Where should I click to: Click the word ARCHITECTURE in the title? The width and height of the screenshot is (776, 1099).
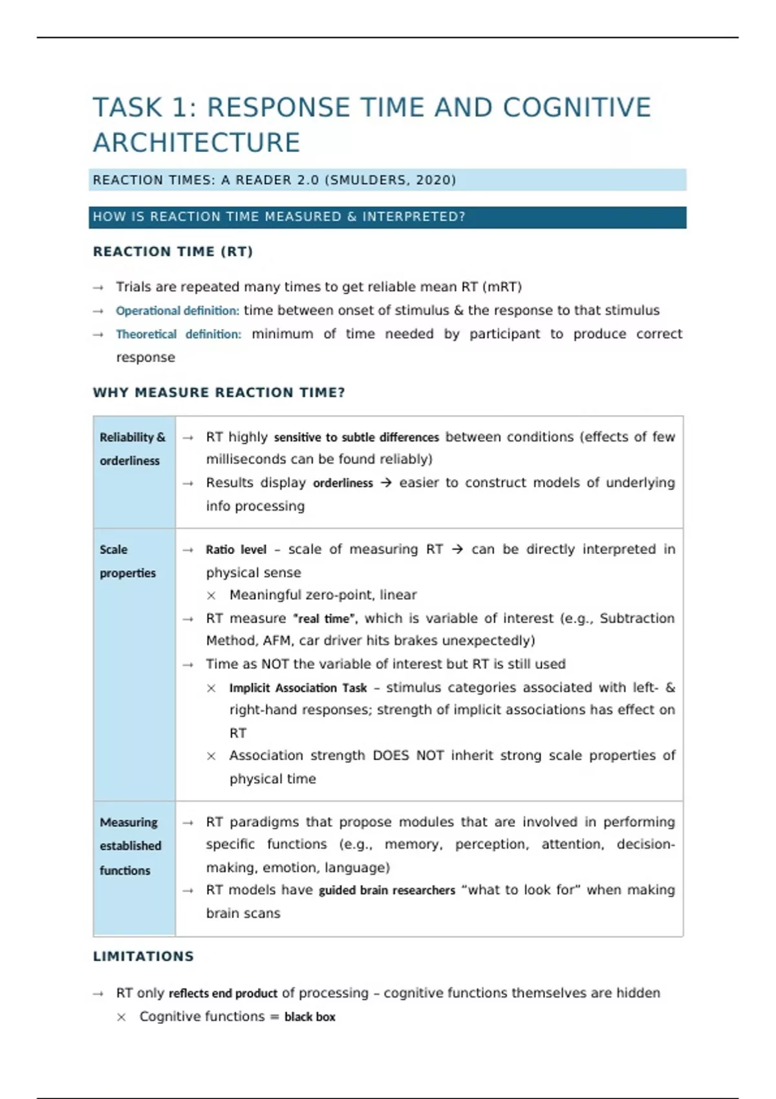(x=197, y=143)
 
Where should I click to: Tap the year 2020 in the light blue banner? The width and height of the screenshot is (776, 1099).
(x=433, y=180)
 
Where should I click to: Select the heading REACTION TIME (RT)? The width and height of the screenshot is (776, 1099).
(x=173, y=251)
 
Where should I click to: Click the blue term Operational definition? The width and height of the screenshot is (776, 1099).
(x=177, y=311)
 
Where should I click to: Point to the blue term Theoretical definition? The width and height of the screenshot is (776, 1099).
(x=178, y=334)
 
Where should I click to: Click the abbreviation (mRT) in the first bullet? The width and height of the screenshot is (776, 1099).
(x=502, y=287)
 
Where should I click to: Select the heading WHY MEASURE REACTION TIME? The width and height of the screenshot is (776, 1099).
(x=219, y=392)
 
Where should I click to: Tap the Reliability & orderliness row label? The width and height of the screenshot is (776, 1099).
(x=132, y=449)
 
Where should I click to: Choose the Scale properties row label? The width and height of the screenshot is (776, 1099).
(x=127, y=561)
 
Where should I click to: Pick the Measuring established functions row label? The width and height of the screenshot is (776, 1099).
(x=130, y=846)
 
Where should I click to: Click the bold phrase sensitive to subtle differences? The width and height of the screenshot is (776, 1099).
(x=356, y=438)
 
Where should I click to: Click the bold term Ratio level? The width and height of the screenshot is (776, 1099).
(x=236, y=549)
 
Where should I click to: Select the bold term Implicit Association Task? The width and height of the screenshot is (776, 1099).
(x=297, y=688)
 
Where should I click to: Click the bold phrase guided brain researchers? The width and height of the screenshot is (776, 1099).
(x=387, y=890)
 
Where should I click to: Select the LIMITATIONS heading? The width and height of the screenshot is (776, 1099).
(x=144, y=956)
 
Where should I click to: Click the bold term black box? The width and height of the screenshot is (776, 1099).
(x=310, y=1017)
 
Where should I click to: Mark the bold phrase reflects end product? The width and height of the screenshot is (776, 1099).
(x=223, y=994)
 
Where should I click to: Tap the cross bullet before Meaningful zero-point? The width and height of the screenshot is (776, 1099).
(x=211, y=595)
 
